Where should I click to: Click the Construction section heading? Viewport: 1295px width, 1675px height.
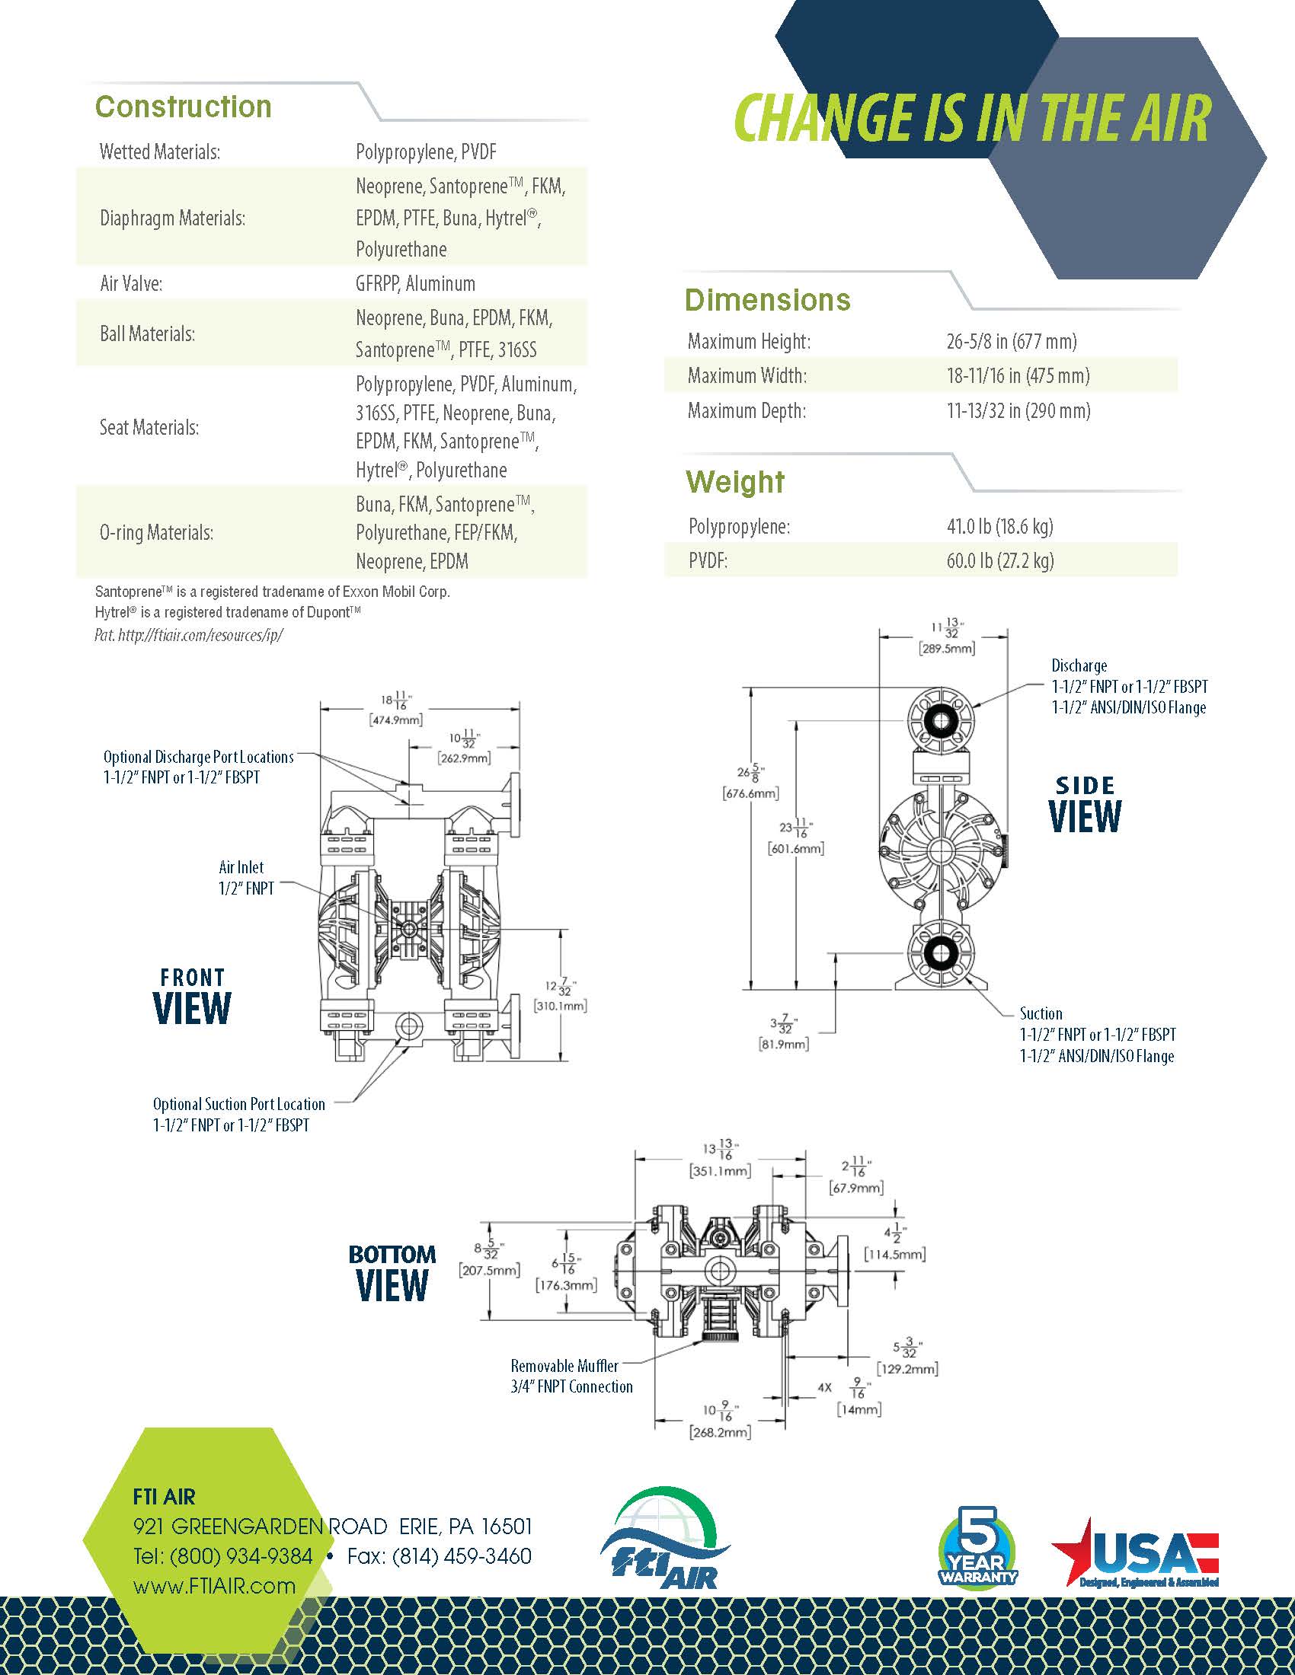pos(184,107)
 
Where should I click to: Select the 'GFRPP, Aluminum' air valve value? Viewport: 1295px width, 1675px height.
pos(415,284)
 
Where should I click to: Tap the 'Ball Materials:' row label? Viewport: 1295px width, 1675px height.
pos(147,333)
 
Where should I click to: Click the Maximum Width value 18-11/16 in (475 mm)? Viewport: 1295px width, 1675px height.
pos(1018,375)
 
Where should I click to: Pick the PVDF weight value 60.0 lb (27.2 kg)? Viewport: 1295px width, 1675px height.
pos(1000,560)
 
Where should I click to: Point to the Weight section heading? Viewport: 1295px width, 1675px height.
pos(735,482)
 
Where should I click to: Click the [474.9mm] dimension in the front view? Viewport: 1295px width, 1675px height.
pos(397,720)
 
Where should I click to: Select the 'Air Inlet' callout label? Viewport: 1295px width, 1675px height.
pos(241,867)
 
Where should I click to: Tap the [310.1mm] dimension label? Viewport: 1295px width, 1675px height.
pos(560,1006)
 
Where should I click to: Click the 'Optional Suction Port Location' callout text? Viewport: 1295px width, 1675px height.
pos(238,1105)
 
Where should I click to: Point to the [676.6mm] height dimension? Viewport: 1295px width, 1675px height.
pos(751,793)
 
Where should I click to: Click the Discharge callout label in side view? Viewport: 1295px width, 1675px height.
pos(1079,665)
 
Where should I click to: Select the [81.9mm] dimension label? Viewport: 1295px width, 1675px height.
pos(784,1044)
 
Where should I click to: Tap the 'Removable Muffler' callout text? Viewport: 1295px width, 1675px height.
pos(564,1366)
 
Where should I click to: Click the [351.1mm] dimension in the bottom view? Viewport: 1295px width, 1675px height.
pos(720,1171)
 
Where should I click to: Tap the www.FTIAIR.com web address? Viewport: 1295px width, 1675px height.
pos(215,1586)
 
